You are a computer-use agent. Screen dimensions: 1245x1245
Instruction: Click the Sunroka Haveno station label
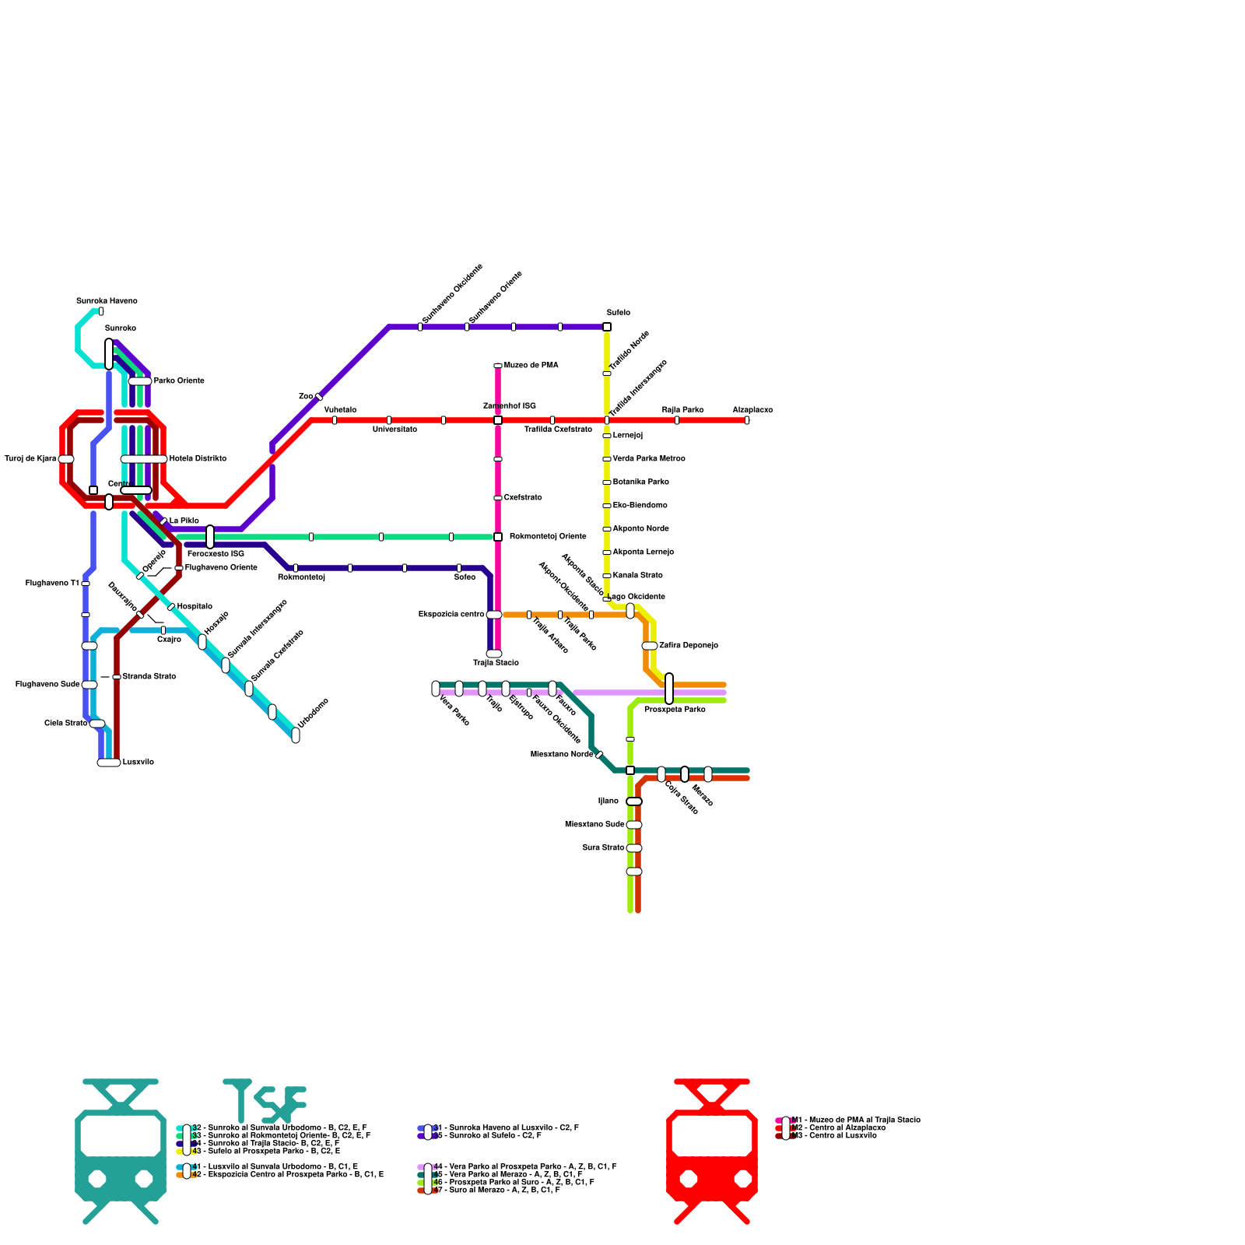point(107,301)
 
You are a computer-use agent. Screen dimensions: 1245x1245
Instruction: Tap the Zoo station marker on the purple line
point(319,397)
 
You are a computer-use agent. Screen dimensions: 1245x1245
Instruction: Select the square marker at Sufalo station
point(607,327)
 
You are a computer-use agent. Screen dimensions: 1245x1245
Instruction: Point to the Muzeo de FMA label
point(531,366)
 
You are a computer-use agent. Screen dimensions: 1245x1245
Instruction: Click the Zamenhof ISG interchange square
point(498,420)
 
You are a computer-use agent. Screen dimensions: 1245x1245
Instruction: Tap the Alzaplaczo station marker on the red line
point(747,420)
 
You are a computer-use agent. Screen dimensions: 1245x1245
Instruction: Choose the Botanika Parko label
point(640,482)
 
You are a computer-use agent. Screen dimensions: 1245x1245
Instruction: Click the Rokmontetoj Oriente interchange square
point(498,537)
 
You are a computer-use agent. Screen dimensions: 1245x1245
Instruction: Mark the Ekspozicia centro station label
point(451,615)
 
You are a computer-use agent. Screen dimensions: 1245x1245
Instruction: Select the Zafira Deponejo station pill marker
point(650,646)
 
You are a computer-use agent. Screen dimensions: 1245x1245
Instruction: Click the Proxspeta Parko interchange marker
point(669,689)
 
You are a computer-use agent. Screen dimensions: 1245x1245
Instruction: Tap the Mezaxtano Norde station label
point(562,755)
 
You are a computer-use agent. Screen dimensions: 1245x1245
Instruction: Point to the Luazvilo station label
point(139,763)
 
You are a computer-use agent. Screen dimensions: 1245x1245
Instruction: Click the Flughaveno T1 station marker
point(86,584)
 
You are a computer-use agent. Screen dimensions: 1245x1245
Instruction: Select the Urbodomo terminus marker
point(296,735)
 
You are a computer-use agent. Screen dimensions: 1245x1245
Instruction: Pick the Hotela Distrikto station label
point(198,459)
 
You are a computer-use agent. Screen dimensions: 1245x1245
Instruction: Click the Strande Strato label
point(149,677)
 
